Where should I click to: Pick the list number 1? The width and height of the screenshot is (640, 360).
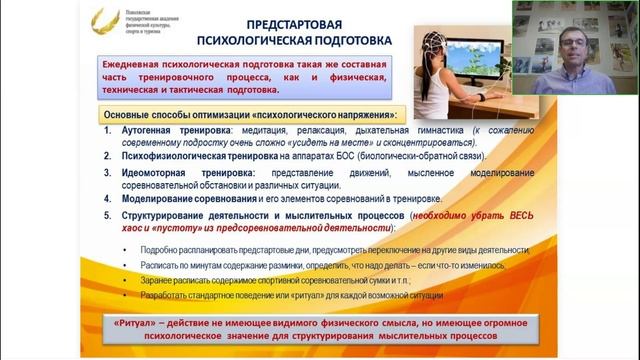click(108, 132)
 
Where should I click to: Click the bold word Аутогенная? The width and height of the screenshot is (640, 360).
click(150, 132)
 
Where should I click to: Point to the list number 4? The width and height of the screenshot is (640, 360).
click(108, 199)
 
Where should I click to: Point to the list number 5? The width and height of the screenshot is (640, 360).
click(108, 214)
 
